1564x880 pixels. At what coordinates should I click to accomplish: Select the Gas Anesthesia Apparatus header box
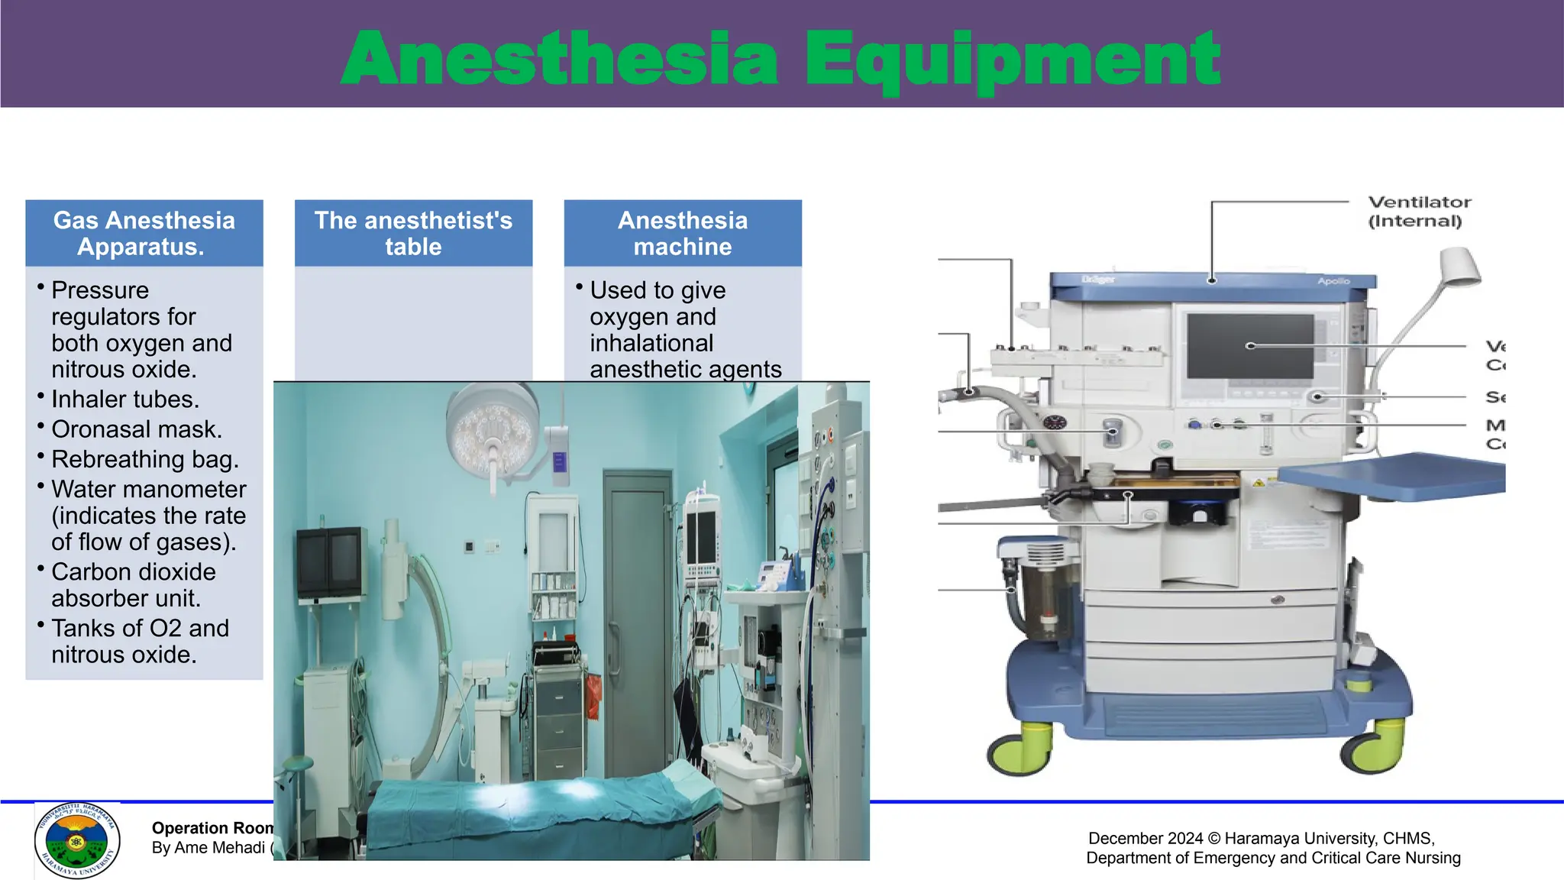[x=144, y=233]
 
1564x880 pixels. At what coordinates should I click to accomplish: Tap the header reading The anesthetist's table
[x=413, y=233]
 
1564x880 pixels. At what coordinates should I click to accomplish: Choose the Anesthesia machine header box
[x=683, y=233]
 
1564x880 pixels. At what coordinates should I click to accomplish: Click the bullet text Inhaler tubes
[x=125, y=400]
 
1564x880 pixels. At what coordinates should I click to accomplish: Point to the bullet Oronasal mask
[x=137, y=429]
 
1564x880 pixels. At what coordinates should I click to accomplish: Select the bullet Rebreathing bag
[x=145, y=459]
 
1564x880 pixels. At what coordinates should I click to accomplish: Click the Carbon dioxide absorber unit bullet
[x=134, y=585]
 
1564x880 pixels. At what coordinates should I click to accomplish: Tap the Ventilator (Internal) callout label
[x=1419, y=212]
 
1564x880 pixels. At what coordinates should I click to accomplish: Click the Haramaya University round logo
[x=77, y=841]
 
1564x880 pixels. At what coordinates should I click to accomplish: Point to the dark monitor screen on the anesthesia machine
[x=1250, y=346]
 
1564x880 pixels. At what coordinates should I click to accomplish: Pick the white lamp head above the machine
[x=1459, y=267]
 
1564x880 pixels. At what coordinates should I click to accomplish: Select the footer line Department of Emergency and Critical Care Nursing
[x=1273, y=858]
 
